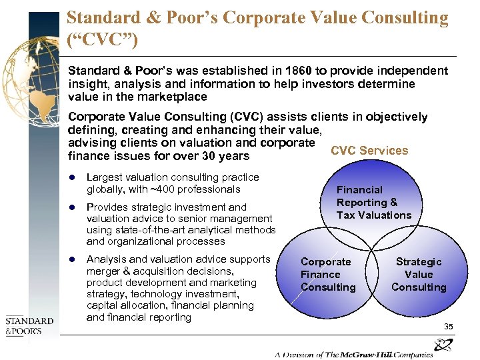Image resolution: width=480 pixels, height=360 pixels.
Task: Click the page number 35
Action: click(448, 327)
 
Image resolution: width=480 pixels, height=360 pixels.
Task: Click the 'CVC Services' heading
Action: click(369, 150)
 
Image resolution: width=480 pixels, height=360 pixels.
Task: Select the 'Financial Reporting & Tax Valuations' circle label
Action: click(373, 203)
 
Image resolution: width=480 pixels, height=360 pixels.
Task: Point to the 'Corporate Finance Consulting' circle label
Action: click(327, 275)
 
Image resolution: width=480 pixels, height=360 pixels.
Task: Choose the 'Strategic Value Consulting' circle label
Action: click(419, 275)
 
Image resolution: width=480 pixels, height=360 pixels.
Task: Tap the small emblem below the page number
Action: click(443, 345)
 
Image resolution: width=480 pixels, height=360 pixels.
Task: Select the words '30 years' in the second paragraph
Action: click(227, 156)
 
